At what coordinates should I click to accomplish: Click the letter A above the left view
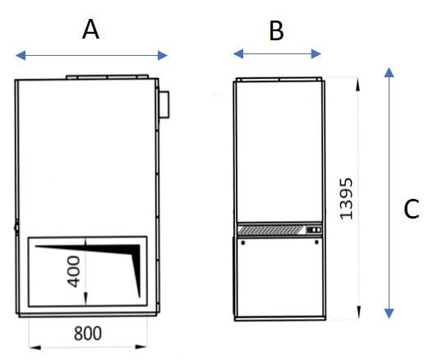point(91,30)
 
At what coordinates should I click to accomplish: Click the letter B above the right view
point(276,31)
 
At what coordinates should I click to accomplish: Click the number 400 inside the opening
point(74,272)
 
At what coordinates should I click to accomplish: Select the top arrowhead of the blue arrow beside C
point(389,75)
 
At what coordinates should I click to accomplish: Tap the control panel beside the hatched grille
point(312,231)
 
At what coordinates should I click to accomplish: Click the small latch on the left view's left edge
point(15,223)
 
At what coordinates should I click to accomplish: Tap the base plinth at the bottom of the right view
point(277,319)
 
